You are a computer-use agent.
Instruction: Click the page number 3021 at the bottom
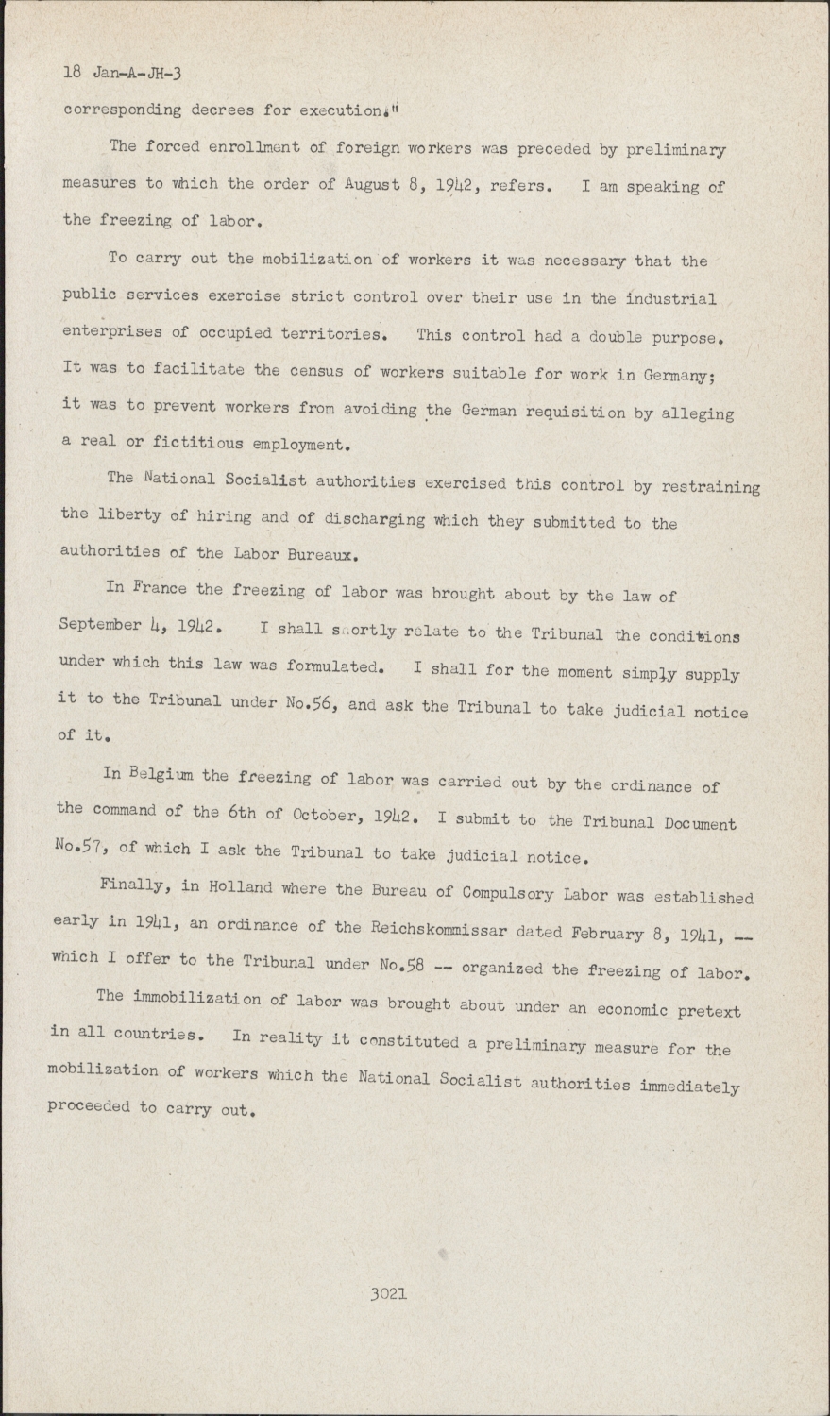point(389,1293)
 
